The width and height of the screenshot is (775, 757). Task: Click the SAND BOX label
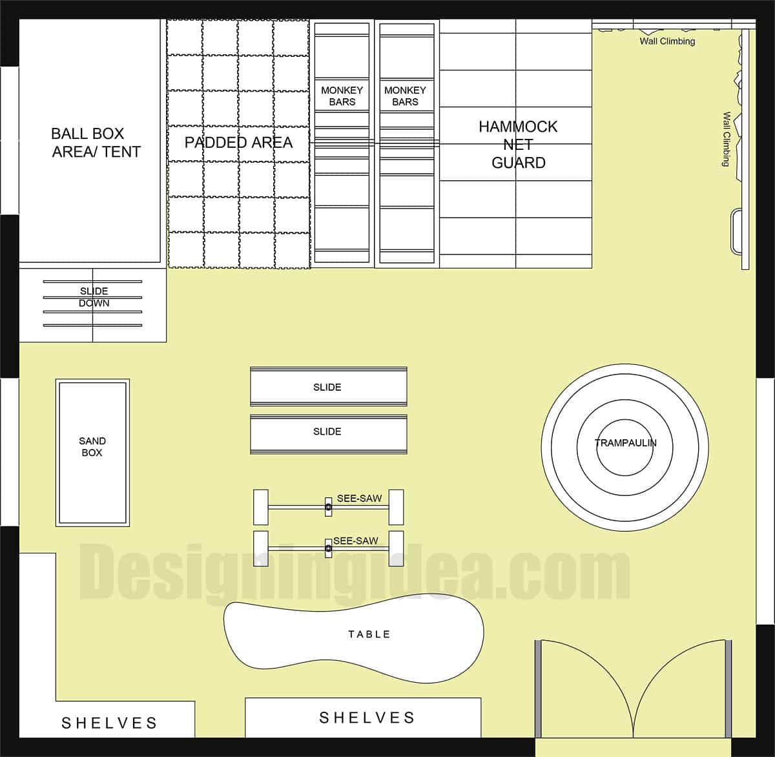pos(92,447)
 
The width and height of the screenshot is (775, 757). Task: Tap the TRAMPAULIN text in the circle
pos(625,443)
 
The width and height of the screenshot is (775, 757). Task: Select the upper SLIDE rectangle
pos(328,387)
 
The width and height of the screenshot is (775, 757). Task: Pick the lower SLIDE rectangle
pos(328,431)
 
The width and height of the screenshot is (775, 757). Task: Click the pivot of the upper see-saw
pos(328,508)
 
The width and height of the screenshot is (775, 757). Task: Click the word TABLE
pos(369,634)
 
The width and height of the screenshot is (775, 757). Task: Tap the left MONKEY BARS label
pos(342,96)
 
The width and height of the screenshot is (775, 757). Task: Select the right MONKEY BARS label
pos(405,96)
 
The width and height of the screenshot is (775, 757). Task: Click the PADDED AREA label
pos(238,143)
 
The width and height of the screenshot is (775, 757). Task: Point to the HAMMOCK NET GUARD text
pos(518,145)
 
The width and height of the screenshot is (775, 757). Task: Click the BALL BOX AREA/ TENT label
pos(96,143)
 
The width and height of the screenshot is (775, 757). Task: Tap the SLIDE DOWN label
pos(94,297)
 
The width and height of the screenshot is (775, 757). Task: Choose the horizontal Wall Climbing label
pos(667,41)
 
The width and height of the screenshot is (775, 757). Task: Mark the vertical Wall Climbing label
pos(727,140)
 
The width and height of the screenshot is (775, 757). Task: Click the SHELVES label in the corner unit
pos(109,723)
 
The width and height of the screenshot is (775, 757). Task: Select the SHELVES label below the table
pos(367,718)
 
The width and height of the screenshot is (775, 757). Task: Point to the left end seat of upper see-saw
pos(260,507)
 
